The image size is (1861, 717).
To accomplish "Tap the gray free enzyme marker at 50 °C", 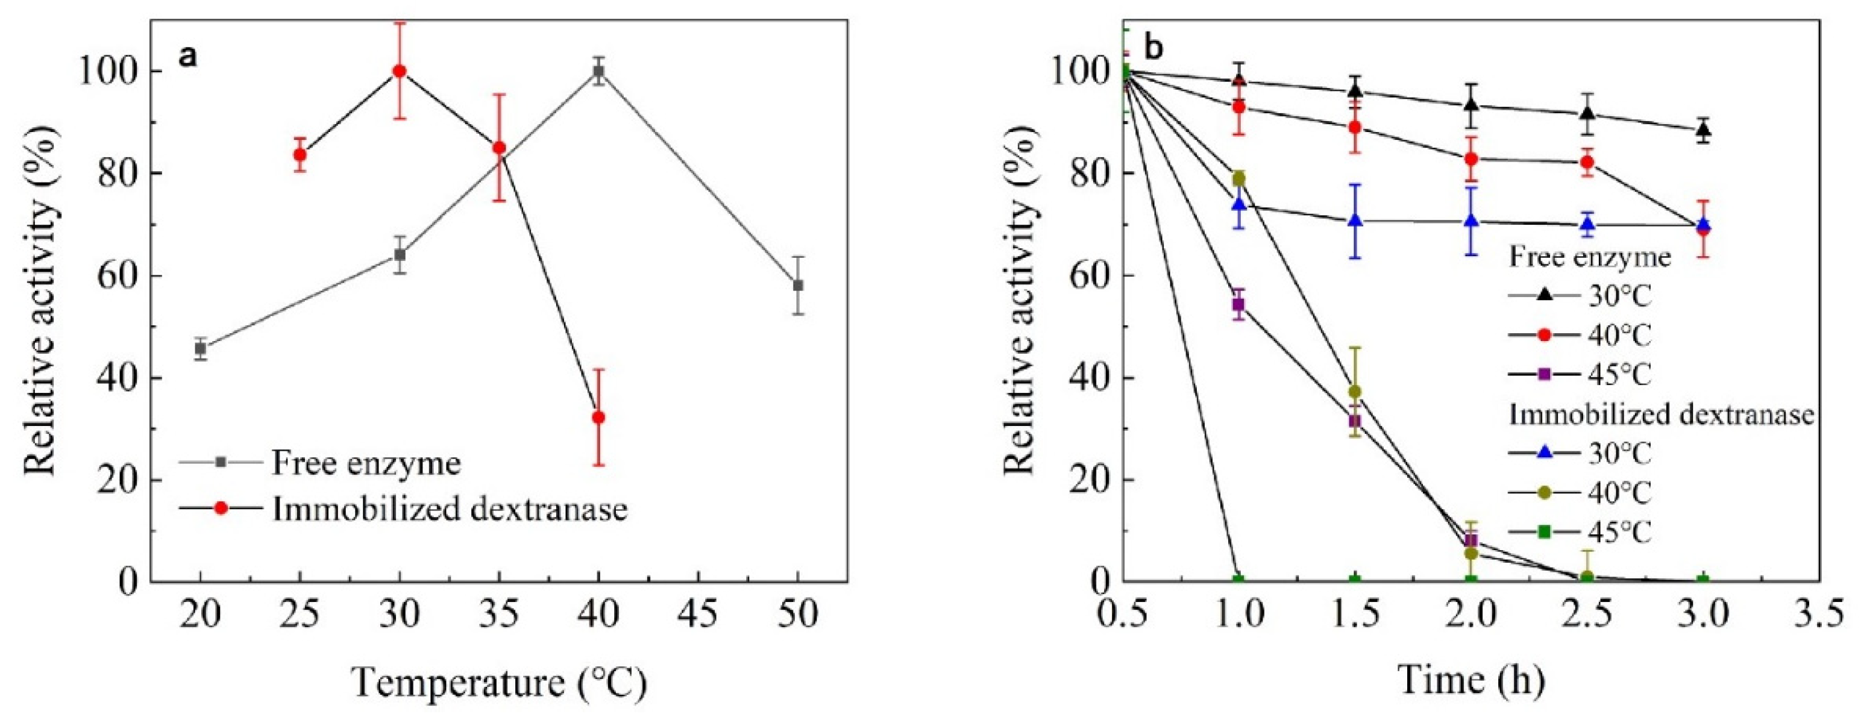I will [797, 285].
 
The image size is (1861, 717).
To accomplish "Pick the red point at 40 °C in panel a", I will [598, 418].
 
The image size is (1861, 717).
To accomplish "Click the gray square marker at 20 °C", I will [200, 349].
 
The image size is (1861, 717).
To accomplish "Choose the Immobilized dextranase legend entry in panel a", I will [448, 509].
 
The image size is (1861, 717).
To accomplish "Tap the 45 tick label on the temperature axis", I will [698, 615].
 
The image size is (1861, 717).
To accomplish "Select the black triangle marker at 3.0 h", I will [1703, 131].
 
